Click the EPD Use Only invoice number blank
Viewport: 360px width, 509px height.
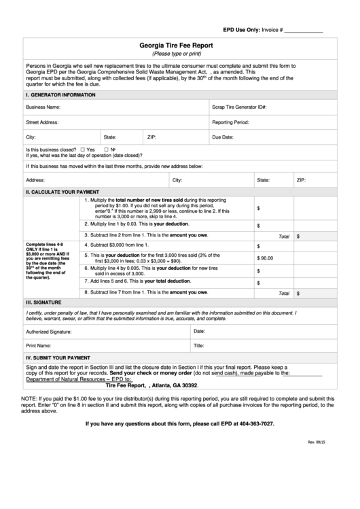tap(302, 31)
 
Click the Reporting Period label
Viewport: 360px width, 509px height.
tap(231, 122)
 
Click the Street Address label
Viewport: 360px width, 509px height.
tap(42, 122)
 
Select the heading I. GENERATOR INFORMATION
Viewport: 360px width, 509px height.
tap(56, 94)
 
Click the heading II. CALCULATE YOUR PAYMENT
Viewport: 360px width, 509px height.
tap(62, 192)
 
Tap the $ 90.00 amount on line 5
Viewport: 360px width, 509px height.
tap(265, 258)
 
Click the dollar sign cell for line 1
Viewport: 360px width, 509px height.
tap(258, 209)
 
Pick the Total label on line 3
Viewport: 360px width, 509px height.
tap(284, 236)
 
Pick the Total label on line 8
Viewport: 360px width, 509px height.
tap(284, 294)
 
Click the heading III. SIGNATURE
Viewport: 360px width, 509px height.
tap(43, 302)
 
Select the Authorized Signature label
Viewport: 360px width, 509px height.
tap(48, 332)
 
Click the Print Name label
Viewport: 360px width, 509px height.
tap(39, 346)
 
